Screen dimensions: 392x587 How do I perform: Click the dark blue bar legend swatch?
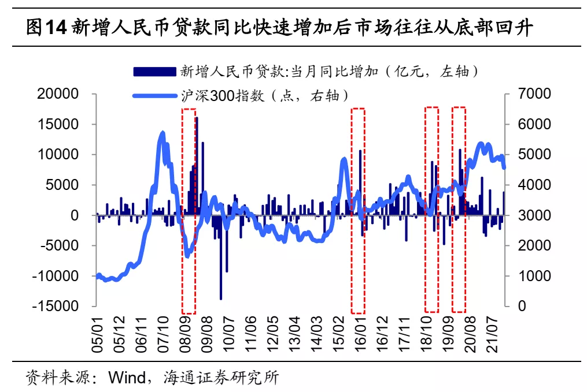point(154,72)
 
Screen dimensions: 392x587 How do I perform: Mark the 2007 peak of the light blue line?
point(163,134)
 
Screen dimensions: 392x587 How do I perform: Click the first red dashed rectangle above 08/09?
point(189,210)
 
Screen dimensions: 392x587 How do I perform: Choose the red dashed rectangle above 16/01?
point(358,210)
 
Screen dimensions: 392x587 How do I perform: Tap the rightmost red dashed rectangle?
point(459,210)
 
